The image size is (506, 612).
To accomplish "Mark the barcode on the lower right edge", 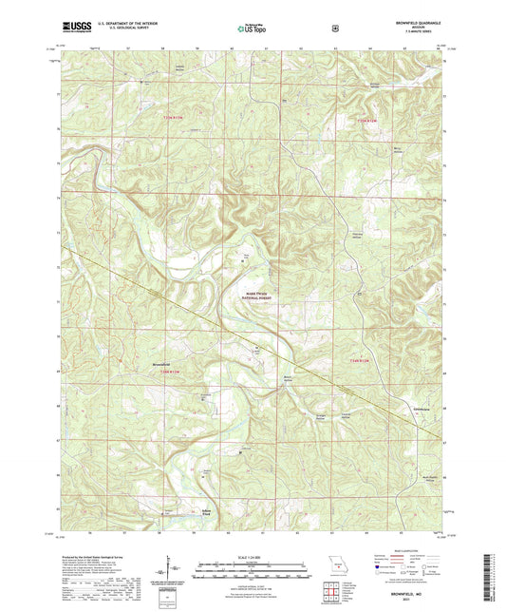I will [498, 578].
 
